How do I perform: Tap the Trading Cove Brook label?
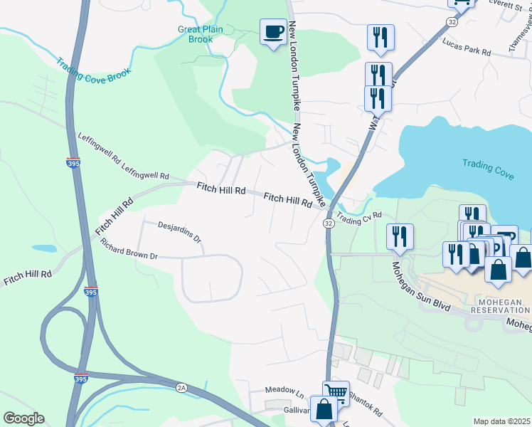pos(94,69)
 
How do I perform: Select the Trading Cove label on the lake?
pos(488,164)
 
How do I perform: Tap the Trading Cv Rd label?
pos(359,216)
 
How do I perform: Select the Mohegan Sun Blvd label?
pos(420,288)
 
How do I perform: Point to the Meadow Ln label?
pos(284,391)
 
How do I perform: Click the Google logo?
pos(23,418)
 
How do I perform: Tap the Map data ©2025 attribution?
pos(501,421)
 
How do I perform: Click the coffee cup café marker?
pos(273,31)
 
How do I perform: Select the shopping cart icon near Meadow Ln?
pos(336,392)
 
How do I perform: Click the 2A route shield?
pos(181,386)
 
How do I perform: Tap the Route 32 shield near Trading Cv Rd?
pos(328,223)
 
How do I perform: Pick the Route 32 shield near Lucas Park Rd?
pos(452,22)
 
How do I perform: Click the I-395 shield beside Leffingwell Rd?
pos(73,162)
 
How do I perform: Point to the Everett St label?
pos(504,4)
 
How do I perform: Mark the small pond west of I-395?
pos(43,249)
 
